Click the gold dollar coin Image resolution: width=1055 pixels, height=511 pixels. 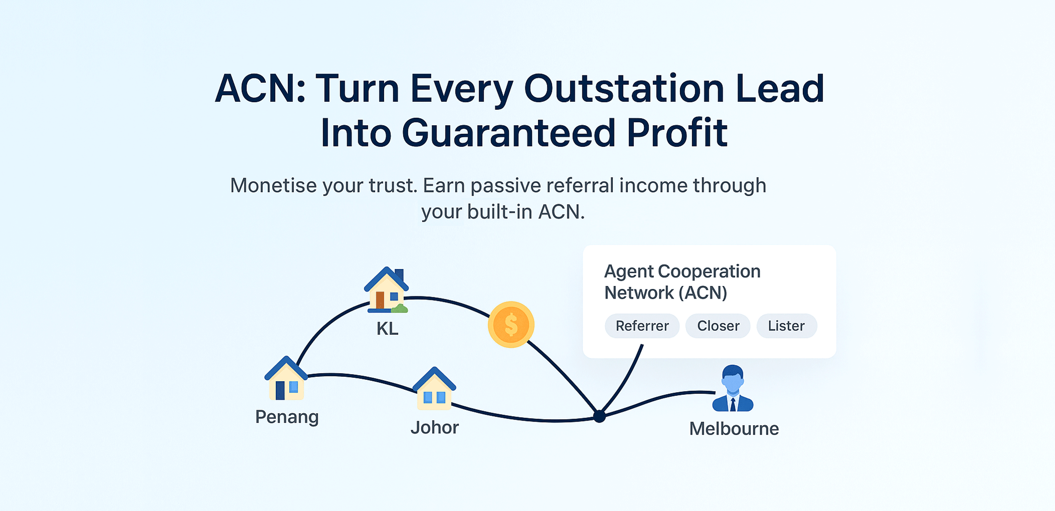(x=511, y=325)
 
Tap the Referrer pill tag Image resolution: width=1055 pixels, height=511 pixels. (x=642, y=326)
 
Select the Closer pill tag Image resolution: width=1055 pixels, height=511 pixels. (x=718, y=326)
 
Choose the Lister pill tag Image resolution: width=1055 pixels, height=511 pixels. (x=786, y=326)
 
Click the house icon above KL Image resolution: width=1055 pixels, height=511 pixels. (x=387, y=290)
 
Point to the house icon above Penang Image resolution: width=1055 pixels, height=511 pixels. (x=286, y=379)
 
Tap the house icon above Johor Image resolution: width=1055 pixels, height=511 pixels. (x=434, y=389)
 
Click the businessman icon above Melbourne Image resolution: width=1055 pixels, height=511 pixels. (x=733, y=389)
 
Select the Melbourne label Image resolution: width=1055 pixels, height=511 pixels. (x=734, y=429)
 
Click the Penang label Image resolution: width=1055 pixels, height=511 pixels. (x=287, y=417)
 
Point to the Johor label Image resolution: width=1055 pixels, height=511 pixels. (x=435, y=428)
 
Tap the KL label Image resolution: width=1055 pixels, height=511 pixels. (x=387, y=329)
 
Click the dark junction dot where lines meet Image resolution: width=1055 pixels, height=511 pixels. (x=599, y=416)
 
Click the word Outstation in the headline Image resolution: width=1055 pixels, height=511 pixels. (x=624, y=89)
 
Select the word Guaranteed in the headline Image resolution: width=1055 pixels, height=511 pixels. (x=509, y=133)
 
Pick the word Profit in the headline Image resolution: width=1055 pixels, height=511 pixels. (x=677, y=133)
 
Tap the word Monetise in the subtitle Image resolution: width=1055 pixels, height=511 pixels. (x=273, y=186)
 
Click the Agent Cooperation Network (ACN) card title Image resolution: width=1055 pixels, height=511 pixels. (x=682, y=282)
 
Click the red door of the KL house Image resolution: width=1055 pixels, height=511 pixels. (x=380, y=300)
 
